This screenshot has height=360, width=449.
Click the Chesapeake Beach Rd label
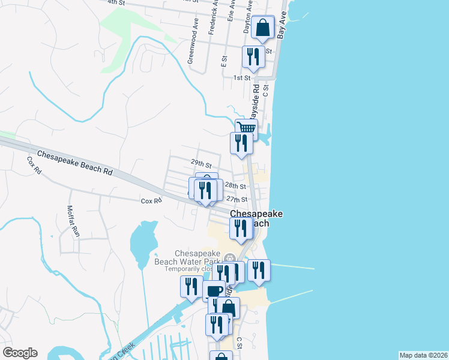click(x=75, y=163)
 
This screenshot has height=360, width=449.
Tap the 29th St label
click(x=201, y=163)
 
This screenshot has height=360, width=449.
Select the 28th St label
click(x=237, y=187)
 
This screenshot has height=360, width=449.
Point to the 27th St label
click(x=237, y=199)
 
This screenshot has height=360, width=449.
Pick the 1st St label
click(x=242, y=78)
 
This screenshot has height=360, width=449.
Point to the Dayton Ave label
click(x=247, y=21)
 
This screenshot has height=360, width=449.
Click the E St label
click(x=223, y=61)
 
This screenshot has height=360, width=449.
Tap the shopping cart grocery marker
click(x=246, y=128)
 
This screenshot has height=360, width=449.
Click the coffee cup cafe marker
click(x=214, y=292)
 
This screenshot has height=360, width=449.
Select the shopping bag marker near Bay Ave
click(x=263, y=27)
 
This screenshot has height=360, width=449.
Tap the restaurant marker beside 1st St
click(x=253, y=56)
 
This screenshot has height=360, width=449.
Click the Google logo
click(x=20, y=353)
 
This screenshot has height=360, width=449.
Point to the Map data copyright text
click(x=424, y=355)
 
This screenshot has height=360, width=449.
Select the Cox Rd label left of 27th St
click(x=151, y=202)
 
